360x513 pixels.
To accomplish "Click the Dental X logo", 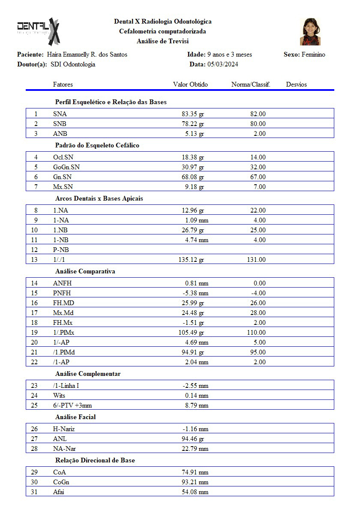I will (38, 31).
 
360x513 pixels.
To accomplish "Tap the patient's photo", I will (310, 32).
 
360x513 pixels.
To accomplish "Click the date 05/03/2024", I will (222, 64).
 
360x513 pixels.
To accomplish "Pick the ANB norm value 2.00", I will (259, 134).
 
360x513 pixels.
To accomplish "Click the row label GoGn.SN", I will (66, 167).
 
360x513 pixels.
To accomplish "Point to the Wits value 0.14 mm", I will (197, 396).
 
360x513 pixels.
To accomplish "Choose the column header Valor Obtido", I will (190, 84).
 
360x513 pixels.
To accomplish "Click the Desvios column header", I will (297, 84).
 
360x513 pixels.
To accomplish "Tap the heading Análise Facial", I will (75, 417).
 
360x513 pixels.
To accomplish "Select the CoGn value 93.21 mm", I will (195, 482).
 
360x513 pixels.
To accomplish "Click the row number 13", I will (34, 260).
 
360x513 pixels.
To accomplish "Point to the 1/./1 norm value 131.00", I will (256, 260).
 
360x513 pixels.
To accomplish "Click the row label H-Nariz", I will (64, 429).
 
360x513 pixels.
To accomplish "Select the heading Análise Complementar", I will (88, 374).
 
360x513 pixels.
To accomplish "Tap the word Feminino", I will (313, 54).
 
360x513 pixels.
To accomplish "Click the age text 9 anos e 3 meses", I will (230, 54).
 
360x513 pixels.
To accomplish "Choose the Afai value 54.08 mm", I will (195, 492).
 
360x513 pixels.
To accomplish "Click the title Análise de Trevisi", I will (162, 41).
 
